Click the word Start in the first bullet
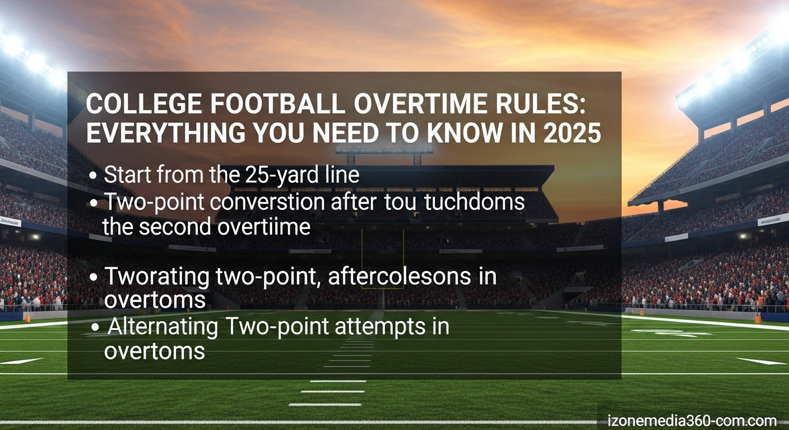point(127,175)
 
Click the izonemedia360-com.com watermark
point(691,420)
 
